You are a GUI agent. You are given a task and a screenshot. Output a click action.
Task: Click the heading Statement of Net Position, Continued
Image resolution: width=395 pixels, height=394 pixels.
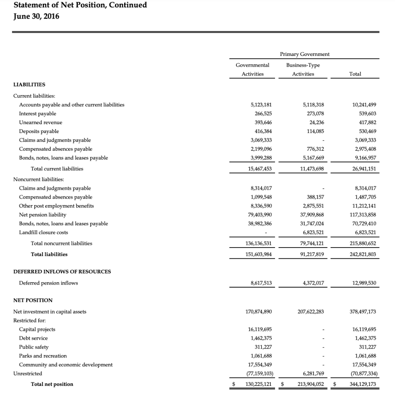[x=80, y=5]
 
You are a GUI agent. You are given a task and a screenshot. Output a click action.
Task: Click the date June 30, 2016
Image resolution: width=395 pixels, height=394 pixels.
[x=36, y=17]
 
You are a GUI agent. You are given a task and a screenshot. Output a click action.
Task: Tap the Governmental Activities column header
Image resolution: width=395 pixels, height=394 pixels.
[x=252, y=69]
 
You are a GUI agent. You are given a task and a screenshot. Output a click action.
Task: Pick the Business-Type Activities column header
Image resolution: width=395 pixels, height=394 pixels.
[x=303, y=69]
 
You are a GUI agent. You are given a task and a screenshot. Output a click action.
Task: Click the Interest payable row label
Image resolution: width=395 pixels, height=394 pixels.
[x=37, y=113]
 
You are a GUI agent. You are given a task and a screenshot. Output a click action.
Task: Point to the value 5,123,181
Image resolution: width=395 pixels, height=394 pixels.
[x=261, y=104]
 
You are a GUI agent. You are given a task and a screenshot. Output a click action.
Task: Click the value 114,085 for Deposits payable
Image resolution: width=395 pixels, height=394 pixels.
[x=315, y=131]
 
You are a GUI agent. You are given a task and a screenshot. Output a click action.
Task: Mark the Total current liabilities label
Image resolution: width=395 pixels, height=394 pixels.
[x=57, y=168]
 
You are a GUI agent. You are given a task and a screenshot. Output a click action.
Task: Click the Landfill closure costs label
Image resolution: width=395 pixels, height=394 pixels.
[x=43, y=232]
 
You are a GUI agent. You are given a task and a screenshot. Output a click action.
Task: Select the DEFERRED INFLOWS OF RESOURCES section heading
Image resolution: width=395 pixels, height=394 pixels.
[x=62, y=271]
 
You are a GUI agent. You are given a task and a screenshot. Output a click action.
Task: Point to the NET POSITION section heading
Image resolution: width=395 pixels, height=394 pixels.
[x=33, y=300]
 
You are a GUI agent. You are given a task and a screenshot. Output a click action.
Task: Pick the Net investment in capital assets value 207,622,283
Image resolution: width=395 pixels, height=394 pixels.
[x=311, y=311]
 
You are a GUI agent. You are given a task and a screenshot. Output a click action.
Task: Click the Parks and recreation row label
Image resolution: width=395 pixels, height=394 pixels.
[x=43, y=355]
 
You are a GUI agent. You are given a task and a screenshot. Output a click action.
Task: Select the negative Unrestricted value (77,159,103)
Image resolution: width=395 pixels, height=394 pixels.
[x=259, y=373]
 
